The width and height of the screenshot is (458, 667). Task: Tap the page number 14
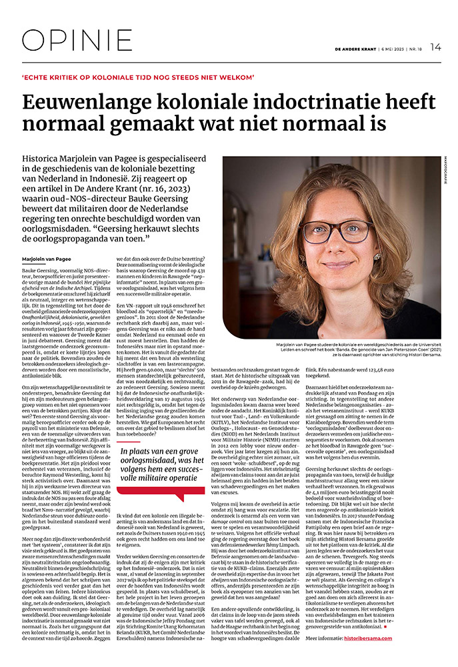pos(436,47)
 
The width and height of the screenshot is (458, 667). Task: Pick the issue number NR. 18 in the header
pos(417,47)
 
